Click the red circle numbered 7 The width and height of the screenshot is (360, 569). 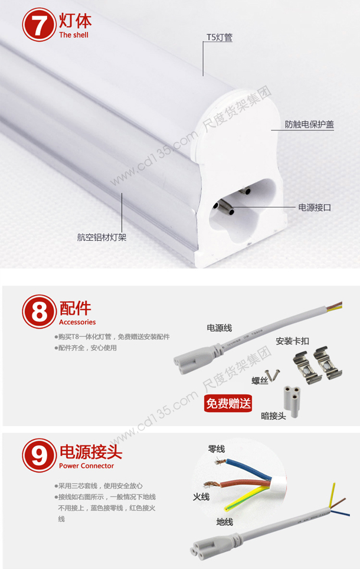point(39,25)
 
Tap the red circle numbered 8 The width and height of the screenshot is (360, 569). point(39,312)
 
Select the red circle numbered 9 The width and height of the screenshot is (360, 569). point(39,456)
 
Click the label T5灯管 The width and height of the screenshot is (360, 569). point(220,37)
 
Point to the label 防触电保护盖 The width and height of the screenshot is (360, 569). point(309,125)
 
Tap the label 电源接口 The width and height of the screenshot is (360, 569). point(315,208)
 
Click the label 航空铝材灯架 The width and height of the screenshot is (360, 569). point(102,237)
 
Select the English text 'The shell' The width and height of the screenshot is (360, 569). point(74,35)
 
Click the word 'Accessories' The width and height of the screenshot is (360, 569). point(77,322)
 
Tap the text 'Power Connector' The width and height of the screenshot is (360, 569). point(86,466)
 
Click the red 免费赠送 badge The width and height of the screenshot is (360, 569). point(228,403)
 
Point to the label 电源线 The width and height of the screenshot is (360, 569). point(219,328)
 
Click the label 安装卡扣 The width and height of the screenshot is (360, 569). point(293,341)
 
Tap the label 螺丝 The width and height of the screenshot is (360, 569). point(260,381)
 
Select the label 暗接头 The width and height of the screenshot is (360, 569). point(273,416)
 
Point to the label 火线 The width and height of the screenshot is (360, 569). point(201,496)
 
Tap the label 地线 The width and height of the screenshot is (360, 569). point(225,522)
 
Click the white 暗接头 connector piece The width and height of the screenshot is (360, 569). point(292,401)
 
